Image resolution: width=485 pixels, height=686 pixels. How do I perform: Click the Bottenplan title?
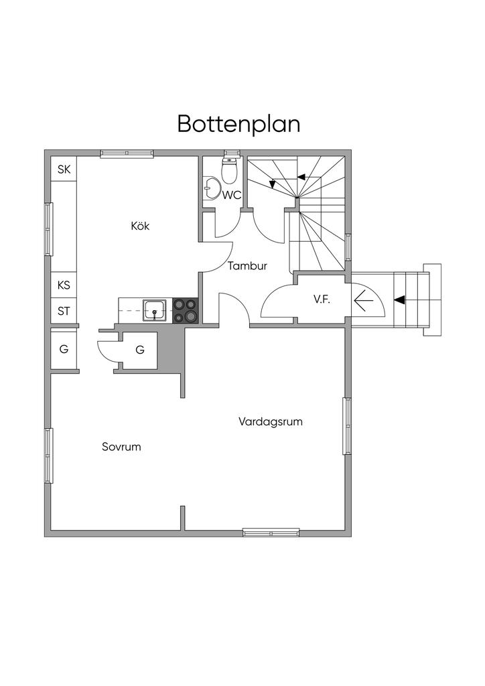(x=238, y=124)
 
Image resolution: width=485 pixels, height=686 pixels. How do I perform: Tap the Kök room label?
(x=140, y=226)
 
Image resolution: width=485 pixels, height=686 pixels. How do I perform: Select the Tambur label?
(x=247, y=266)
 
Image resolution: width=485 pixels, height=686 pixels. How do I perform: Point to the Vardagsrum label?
(x=271, y=422)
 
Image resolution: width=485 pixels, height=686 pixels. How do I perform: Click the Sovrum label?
(x=121, y=447)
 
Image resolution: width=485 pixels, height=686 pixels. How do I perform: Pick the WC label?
(x=232, y=196)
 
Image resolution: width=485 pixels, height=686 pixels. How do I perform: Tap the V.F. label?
(x=322, y=299)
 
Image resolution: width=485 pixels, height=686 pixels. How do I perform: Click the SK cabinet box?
(x=64, y=169)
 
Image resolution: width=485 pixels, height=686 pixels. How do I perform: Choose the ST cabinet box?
(x=64, y=312)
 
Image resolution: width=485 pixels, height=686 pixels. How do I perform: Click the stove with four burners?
(x=186, y=310)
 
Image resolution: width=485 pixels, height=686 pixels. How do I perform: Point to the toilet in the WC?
(x=229, y=172)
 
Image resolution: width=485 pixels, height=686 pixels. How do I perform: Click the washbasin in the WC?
(x=212, y=188)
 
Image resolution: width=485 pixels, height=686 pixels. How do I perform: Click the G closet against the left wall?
(x=64, y=349)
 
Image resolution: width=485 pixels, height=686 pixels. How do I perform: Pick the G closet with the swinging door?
(x=140, y=350)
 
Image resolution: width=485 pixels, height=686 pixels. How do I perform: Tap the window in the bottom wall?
(x=271, y=533)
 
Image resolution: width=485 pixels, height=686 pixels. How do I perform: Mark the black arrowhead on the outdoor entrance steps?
(x=400, y=299)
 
